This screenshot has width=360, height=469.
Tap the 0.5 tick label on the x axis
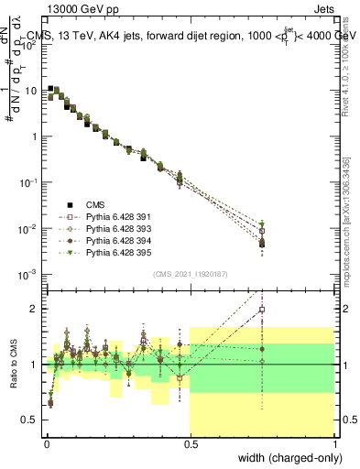tap(191, 443)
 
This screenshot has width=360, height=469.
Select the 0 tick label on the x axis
tap(47, 443)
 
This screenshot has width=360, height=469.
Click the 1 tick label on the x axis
tap(335, 443)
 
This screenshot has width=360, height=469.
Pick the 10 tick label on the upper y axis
tap(31, 91)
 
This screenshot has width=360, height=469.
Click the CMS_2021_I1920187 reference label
tap(191, 274)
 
